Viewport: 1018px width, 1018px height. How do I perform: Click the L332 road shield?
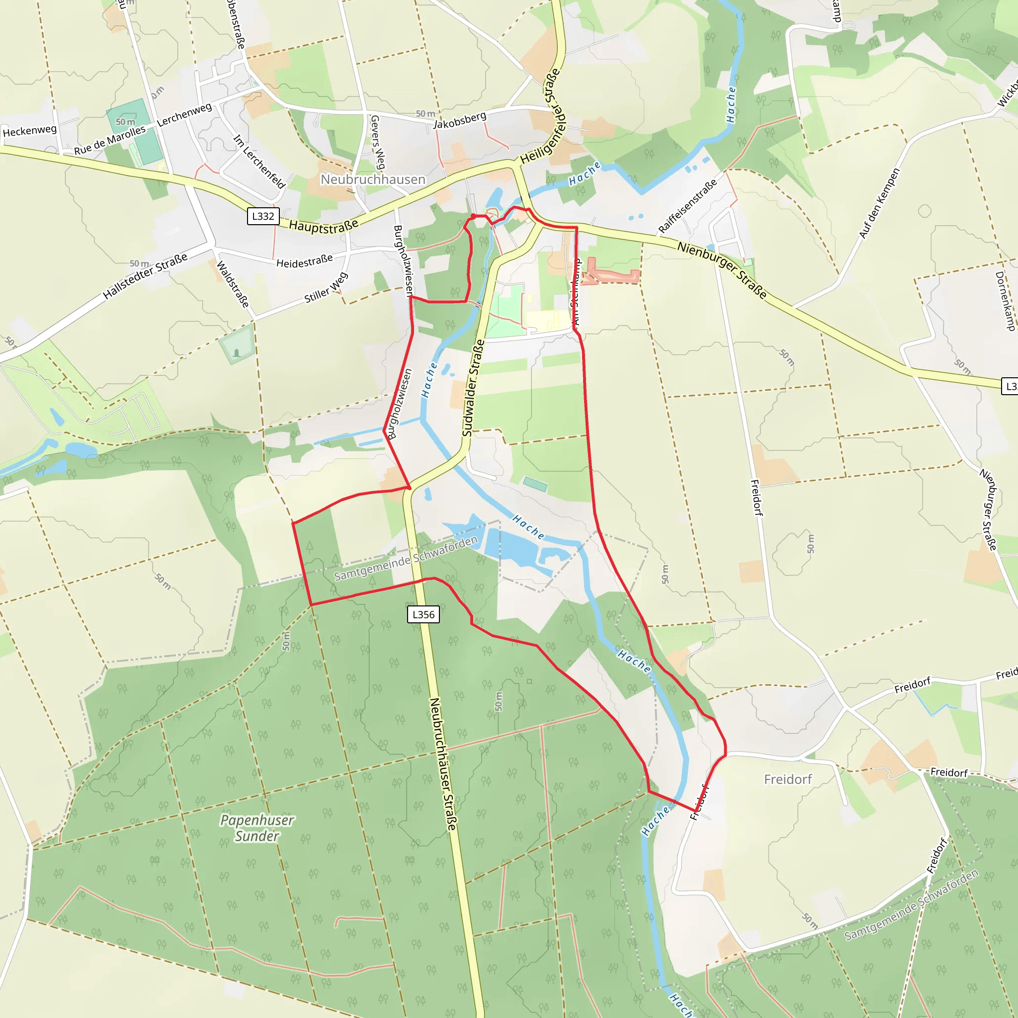[x=263, y=216]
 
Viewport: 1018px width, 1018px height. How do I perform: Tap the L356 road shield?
[x=423, y=614]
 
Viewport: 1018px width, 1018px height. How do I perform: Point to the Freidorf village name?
[x=788, y=779]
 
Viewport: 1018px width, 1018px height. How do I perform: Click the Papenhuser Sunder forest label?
[x=257, y=828]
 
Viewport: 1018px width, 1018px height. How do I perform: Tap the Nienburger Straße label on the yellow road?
[x=721, y=270]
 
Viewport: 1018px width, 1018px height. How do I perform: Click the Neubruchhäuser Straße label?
[x=442, y=764]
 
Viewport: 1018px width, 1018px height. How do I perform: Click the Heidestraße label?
[x=305, y=261]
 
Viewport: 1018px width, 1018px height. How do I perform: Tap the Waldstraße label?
[x=232, y=284]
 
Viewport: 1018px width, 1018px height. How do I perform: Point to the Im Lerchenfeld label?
[x=259, y=161]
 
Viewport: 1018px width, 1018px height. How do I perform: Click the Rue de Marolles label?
[x=109, y=140]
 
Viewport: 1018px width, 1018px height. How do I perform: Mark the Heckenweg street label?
[x=29, y=131]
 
